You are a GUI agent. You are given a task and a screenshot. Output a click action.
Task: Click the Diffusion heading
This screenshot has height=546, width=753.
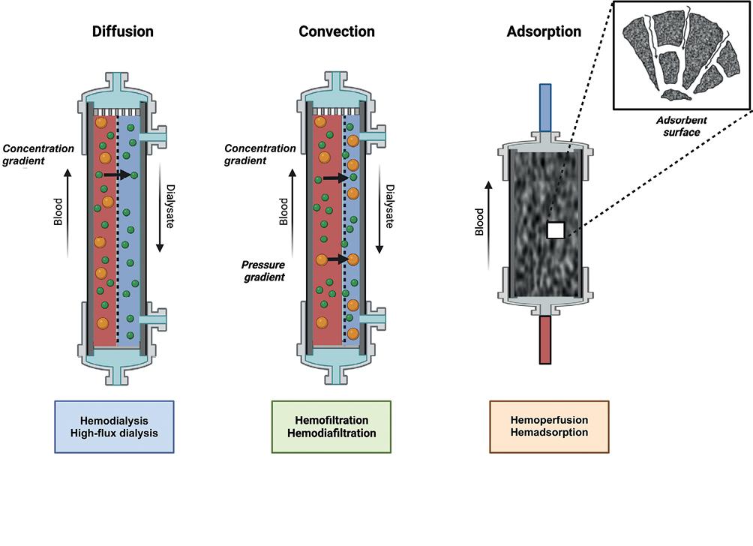click(x=122, y=31)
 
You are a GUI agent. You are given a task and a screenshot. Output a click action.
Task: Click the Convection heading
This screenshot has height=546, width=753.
click(x=337, y=31)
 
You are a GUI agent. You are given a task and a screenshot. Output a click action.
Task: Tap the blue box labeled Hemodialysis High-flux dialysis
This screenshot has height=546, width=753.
click(x=114, y=427)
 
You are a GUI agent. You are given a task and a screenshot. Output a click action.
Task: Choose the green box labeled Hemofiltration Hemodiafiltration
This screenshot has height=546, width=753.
click(x=331, y=427)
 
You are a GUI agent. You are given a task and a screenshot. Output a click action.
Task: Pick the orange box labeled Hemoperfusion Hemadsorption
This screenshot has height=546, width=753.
click(x=549, y=427)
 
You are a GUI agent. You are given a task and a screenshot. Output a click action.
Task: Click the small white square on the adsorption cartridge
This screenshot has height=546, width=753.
click(x=555, y=230)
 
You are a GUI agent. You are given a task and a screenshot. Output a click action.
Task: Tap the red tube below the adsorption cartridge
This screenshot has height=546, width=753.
click(x=545, y=339)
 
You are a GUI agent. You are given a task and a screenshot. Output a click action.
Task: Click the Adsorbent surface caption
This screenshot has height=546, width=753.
click(x=681, y=127)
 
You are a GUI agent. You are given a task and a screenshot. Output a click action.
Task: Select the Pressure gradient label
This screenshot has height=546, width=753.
click(x=263, y=271)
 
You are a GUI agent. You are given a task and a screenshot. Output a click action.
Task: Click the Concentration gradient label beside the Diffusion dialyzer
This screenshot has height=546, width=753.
click(x=39, y=154)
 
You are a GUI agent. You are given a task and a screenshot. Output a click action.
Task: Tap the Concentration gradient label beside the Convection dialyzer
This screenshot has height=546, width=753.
click(x=260, y=154)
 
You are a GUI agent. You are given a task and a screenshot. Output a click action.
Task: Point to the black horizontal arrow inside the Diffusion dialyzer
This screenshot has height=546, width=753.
click(x=115, y=174)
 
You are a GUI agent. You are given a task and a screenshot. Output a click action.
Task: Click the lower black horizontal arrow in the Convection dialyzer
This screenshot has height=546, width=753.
click(x=337, y=259)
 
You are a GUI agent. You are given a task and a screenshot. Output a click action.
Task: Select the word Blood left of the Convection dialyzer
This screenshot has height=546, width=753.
click(x=283, y=211)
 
